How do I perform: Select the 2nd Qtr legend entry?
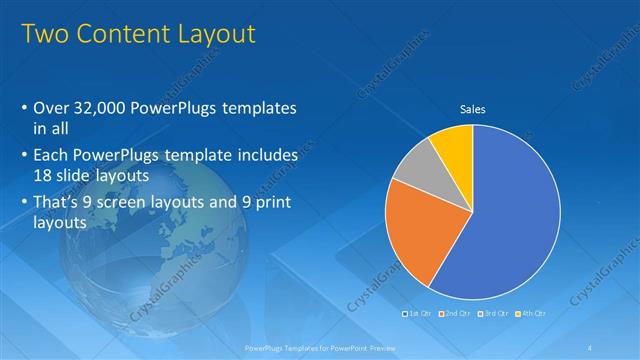(x=455, y=314)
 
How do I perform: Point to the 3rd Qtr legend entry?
(x=494, y=314)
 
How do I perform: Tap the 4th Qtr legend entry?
(x=530, y=314)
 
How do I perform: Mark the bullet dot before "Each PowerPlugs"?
(x=24, y=156)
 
